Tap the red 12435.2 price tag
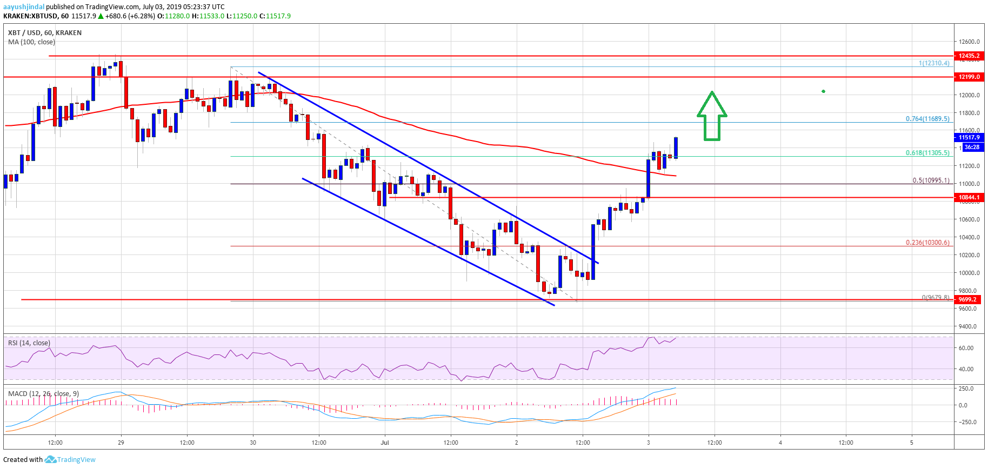point(969,56)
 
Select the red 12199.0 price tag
point(969,77)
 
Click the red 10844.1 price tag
point(969,197)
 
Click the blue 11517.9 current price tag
point(969,137)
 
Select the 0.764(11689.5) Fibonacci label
point(927,119)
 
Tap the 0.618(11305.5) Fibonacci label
point(927,153)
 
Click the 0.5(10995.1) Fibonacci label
point(931,180)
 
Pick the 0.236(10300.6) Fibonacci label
point(927,243)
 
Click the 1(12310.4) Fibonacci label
point(934,63)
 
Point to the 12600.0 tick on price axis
point(970,42)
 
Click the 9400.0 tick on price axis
point(967,326)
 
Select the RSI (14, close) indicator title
point(29,343)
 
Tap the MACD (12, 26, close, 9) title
point(43,393)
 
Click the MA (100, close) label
point(31,42)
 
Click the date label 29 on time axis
point(121,443)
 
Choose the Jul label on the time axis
point(385,443)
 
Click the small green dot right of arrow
point(823,91)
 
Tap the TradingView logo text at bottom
point(76,460)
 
